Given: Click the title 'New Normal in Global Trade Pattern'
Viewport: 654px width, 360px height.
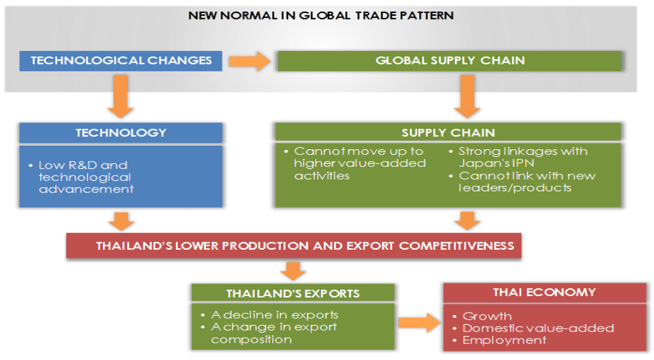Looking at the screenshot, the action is pyautogui.click(x=321, y=15).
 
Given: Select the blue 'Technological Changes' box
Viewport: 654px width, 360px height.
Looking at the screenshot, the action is pyautogui.click(x=121, y=61).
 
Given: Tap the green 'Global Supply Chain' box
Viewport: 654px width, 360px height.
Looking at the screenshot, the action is pyautogui.click(x=450, y=61).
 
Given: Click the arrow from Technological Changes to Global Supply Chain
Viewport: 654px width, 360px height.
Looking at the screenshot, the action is pyautogui.click(x=250, y=61).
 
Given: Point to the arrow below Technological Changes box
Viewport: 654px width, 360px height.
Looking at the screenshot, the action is pyautogui.click(x=120, y=96).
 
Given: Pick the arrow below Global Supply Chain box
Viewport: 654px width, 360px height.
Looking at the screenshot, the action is pyautogui.click(x=467, y=96).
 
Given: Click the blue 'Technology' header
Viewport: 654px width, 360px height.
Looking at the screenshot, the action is pyautogui.click(x=121, y=133).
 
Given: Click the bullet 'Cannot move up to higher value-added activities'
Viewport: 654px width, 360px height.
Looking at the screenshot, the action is pyautogui.click(x=355, y=164).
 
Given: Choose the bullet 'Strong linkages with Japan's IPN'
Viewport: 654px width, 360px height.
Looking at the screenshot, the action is pyautogui.click(x=518, y=157).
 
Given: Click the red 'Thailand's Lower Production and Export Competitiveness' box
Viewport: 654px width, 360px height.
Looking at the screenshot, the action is pyautogui.click(x=294, y=246).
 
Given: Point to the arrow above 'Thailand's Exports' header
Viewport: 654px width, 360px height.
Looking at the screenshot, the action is pyautogui.click(x=293, y=271).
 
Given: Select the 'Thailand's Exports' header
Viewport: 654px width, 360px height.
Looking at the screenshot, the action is pyautogui.click(x=293, y=293).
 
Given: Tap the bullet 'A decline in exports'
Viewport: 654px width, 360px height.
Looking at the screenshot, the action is pyautogui.click(x=270, y=315).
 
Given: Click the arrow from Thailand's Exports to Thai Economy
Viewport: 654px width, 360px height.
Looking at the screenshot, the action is pyautogui.click(x=419, y=322).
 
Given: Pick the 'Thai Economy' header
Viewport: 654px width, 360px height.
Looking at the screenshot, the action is pyautogui.click(x=545, y=292).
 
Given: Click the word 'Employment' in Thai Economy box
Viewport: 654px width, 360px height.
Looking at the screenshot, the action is pyautogui.click(x=504, y=341).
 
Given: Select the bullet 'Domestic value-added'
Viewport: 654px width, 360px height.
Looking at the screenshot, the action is pyautogui.click(x=534, y=328).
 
